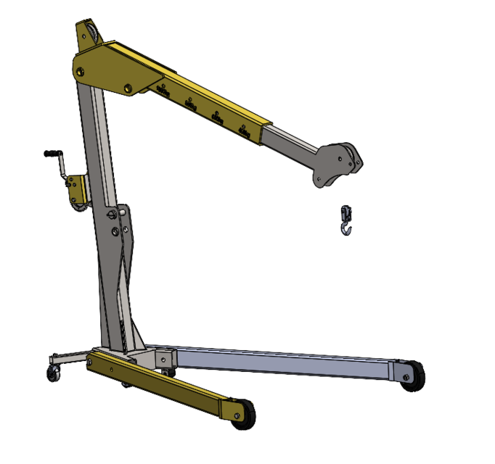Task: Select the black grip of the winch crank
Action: [x=50, y=153]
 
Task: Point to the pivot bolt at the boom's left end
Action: [x=80, y=70]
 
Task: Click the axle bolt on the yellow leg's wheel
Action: [x=235, y=414]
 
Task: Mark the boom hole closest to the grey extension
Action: [x=244, y=128]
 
